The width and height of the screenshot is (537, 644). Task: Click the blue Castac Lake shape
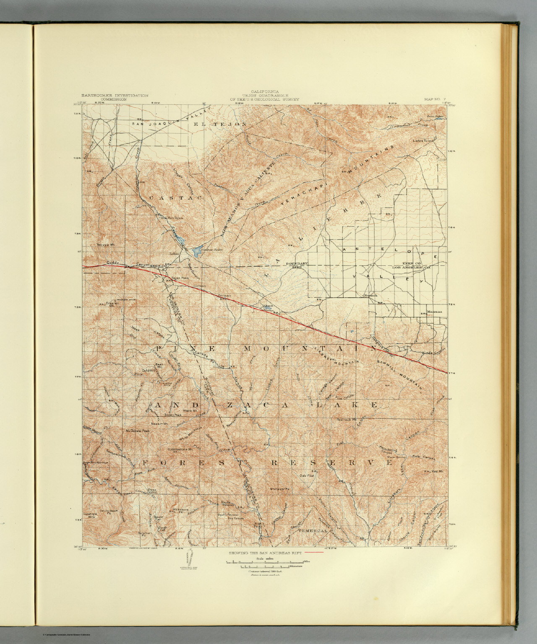196,252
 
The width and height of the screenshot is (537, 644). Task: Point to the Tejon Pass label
179,278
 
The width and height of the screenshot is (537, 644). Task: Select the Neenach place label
370,296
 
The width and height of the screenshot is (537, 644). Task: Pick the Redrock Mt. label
347,419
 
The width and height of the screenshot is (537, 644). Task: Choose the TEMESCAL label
313,531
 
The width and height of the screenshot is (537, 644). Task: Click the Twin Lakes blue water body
439,119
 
